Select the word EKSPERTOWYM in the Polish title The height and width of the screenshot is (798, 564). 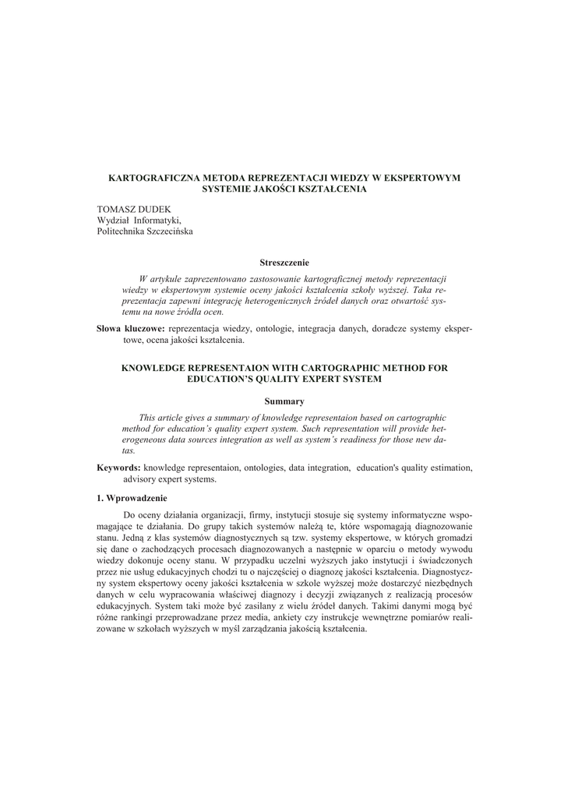pos(426,178)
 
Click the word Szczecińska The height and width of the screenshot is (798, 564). pos(170,231)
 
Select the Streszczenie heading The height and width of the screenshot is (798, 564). pos(284,263)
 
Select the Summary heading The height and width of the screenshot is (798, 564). pos(284,401)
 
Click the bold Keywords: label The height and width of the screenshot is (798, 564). pos(118,468)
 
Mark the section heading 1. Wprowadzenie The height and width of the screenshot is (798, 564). pos(132,498)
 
